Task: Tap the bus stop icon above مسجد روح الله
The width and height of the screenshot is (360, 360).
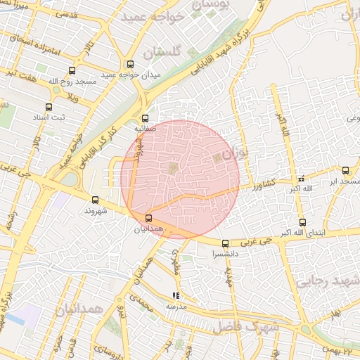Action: tap(72, 70)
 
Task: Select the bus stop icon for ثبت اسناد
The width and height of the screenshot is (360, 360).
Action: tap(48, 108)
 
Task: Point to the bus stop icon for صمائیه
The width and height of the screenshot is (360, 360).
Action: tap(146, 118)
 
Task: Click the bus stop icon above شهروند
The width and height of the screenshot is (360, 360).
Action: tap(95, 200)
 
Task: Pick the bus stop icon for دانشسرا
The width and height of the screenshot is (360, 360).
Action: tap(225, 244)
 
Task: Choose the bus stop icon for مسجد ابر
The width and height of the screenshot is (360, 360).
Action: tap(345, 170)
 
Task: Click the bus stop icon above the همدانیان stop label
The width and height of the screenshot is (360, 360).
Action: tap(148, 218)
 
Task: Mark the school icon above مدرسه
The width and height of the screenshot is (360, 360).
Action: tap(176, 296)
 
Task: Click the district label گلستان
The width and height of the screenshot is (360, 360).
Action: tap(162, 53)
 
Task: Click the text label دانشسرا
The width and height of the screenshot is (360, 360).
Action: tap(225, 255)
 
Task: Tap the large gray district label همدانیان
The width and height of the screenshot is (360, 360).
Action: tap(79, 309)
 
